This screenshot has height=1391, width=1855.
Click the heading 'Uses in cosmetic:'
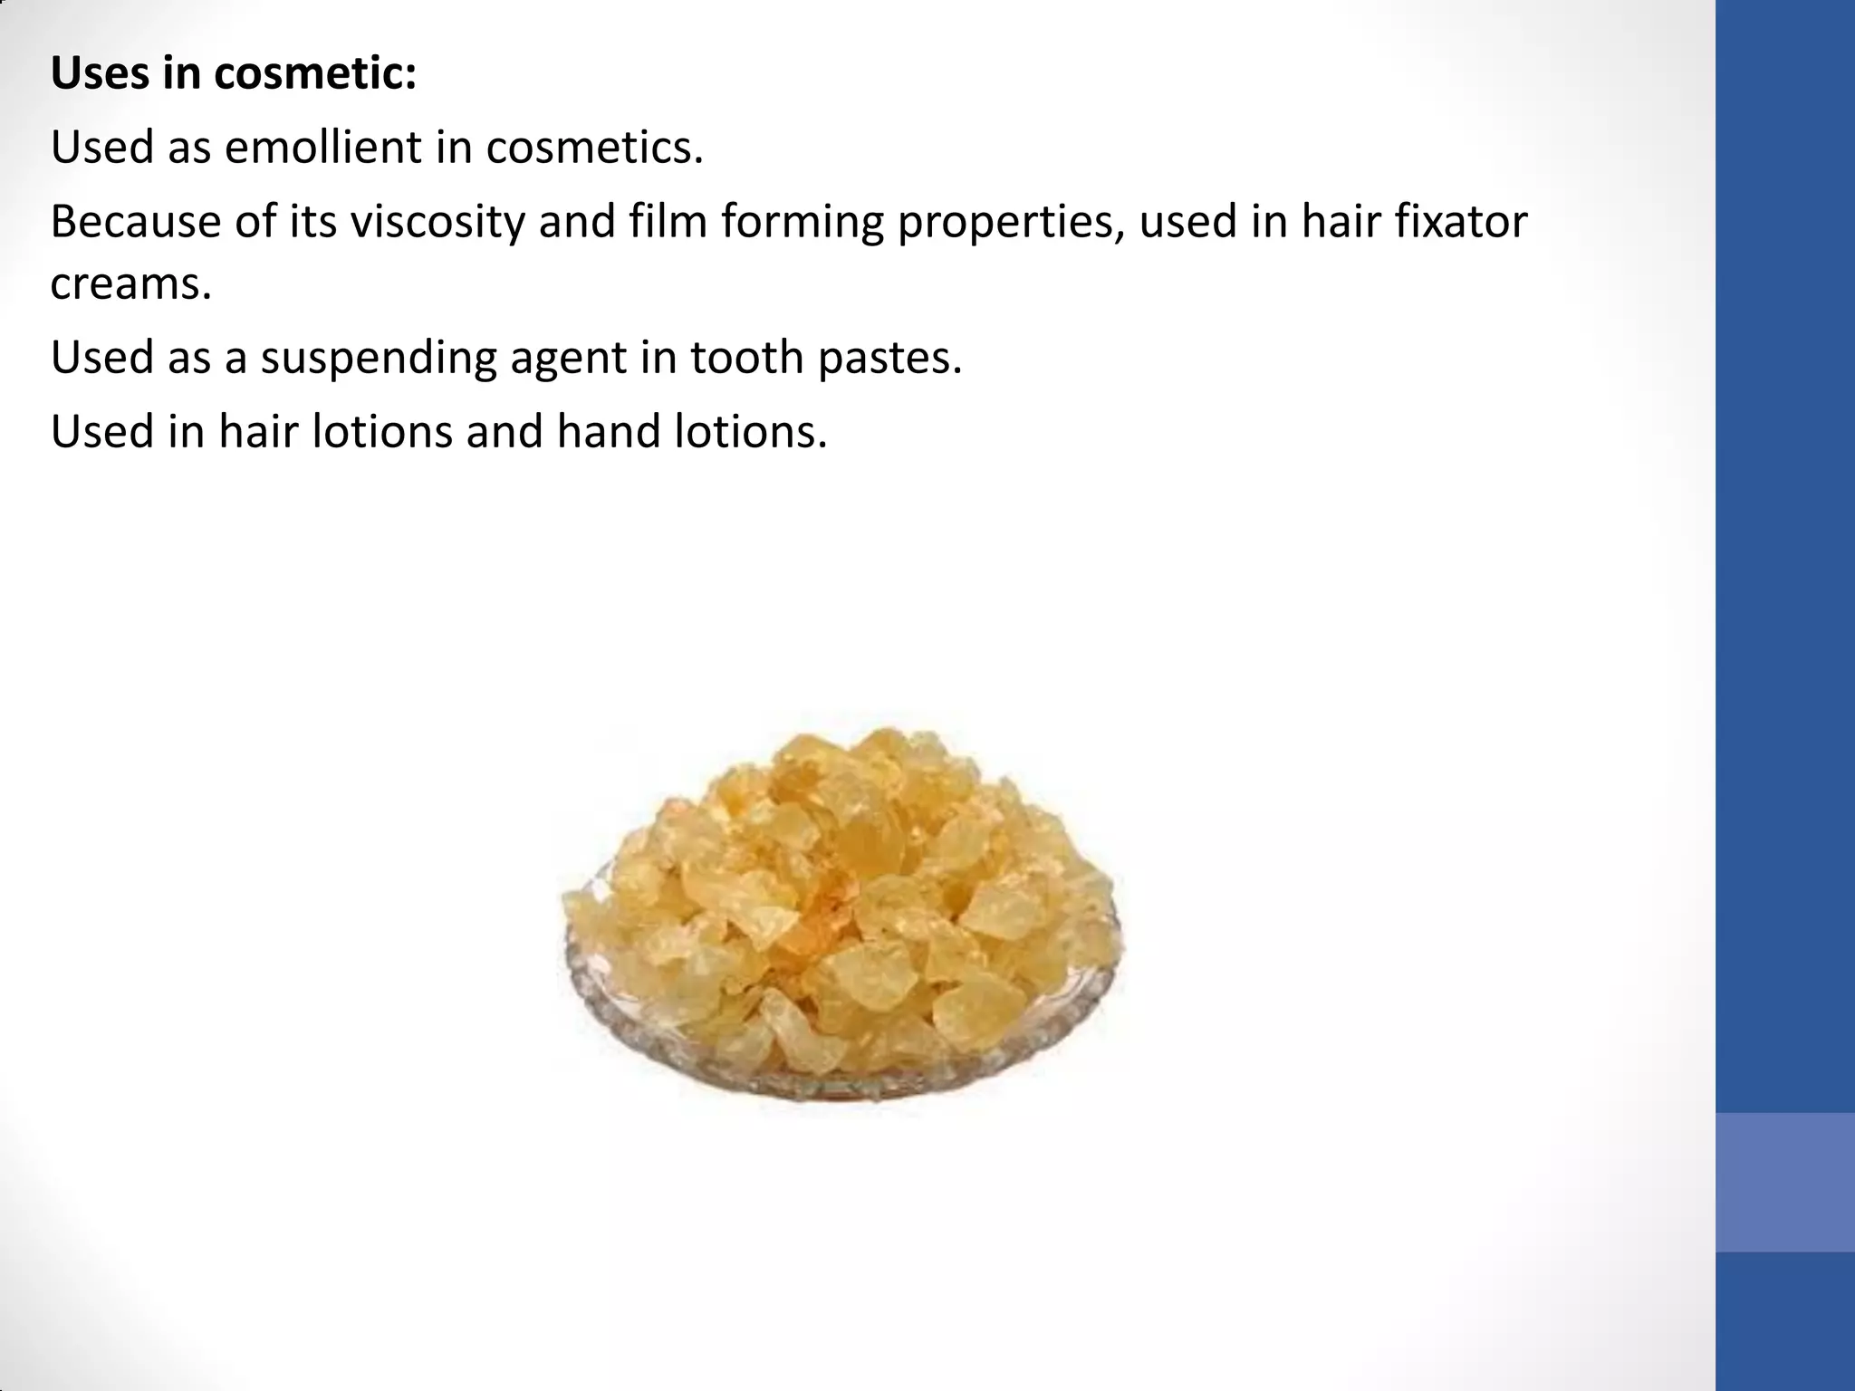coord(234,73)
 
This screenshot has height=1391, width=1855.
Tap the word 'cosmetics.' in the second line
coord(594,147)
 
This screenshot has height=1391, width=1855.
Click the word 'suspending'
coord(379,357)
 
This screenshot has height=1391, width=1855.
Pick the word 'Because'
coord(135,221)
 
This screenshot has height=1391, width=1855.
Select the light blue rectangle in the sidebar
coord(1784,1182)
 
